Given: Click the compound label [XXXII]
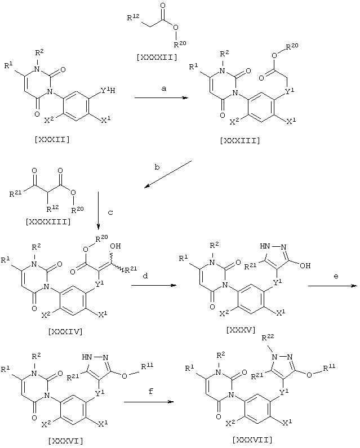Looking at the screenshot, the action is [52, 140].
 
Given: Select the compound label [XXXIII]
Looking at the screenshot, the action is [240, 140].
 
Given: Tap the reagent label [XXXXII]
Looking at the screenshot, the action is [157, 57].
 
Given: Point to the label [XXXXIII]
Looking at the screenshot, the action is [48, 221].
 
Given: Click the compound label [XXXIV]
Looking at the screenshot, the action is [65, 331].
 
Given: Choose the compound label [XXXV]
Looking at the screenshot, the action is [241, 330].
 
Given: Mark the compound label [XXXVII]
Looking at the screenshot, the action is [252, 439].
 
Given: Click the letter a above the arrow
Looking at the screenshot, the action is [164, 88].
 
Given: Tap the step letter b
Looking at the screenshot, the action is [157, 167].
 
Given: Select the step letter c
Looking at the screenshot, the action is [110, 212].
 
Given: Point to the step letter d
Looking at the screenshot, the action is [145, 276].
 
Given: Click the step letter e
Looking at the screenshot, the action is [336, 276].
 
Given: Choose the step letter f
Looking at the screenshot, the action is [151, 391].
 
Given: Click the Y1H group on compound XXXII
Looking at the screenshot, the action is [108, 91].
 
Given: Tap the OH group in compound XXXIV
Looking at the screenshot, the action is [115, 246].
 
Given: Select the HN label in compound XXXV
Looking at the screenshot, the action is [265, 246].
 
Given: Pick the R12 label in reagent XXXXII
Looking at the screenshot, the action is [133, 17].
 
